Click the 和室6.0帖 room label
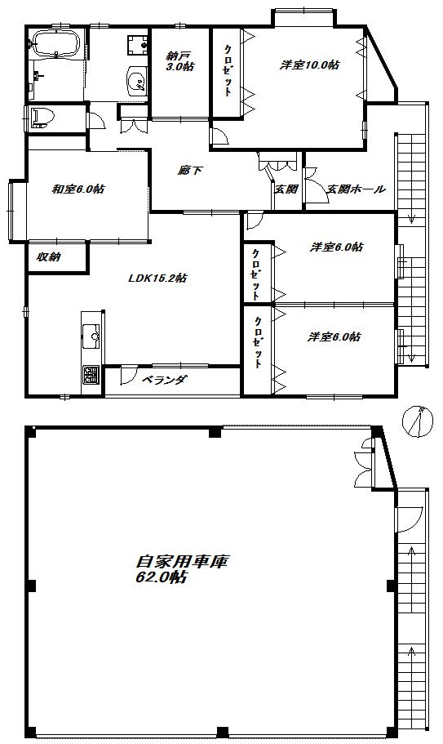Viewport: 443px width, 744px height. tap(78, 189)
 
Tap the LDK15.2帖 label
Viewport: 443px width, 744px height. tap(158, 278)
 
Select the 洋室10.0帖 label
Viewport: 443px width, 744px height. tap(310, 65)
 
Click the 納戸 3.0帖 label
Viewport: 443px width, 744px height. tap(178, 61)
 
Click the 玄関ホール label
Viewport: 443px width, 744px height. tap(356, 189)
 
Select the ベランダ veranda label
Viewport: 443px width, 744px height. tap(164, 380)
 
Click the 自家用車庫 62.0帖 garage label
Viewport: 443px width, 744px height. tap(180, 569)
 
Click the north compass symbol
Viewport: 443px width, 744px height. tap(418, 423)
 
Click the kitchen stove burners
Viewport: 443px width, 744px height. tap(90, 376)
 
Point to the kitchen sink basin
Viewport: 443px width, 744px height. tap(90, 334)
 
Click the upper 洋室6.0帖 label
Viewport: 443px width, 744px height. tap(336, 247)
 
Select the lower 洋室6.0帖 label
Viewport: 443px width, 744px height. tap(334, 336)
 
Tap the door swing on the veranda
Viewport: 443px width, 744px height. tap(130, 376)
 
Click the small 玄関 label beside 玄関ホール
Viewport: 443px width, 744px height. tap(286, 189)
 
